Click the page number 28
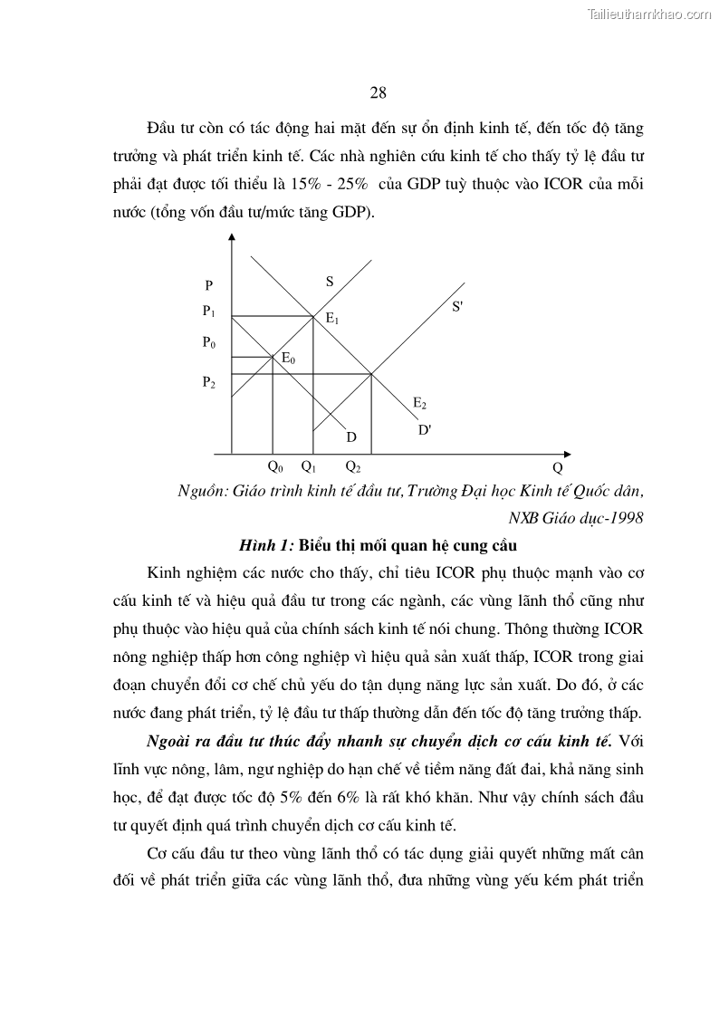click(x=379, y=92)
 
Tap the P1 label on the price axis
click(x=209, y=312)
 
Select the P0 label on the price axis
click(x=209, y=343)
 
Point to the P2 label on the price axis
click(x=209, y=382)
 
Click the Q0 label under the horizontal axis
click(x=275, y=468)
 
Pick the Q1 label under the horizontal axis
click(x=309, y=468)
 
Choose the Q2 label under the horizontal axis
click(x=353, y=468)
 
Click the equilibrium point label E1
click(x=332, y=320)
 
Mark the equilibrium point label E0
click(x=289, y=359)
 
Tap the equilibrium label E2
click(x=419, y=403)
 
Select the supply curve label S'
click(x=457, y=307)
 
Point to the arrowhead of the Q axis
click(x=568, y=452)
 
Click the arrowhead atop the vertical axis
click(x=233, y=238)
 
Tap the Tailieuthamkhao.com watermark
click(x=650, y=14)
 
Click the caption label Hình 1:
click(x=267, y=545)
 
